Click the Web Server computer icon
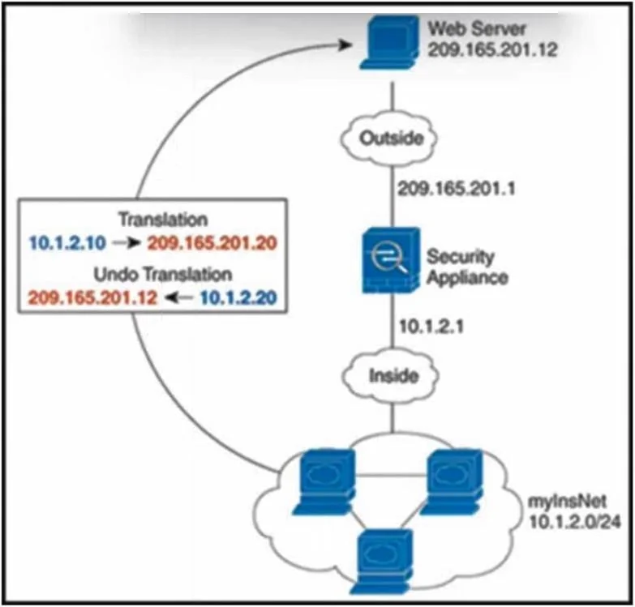point(389,42)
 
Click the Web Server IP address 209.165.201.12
point(493,49)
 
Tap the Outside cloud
point(388,139)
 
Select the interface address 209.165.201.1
point(457,189)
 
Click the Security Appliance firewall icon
point(390,260)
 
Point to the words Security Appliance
point(467,267)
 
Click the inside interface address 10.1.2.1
point(431,327)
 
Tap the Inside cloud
point(391,376)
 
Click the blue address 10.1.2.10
point(67,243)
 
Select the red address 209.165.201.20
point(212,243)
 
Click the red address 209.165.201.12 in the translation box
point(92,297)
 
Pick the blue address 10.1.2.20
point(238,297)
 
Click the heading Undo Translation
point(163,275)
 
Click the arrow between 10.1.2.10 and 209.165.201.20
point(127,243)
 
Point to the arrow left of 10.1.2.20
point(179,298)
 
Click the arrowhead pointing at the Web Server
point(345,45)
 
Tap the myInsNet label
point(568,502)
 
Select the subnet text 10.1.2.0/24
point(575,522)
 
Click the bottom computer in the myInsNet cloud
point(384,562)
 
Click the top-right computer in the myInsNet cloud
point(452,481)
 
